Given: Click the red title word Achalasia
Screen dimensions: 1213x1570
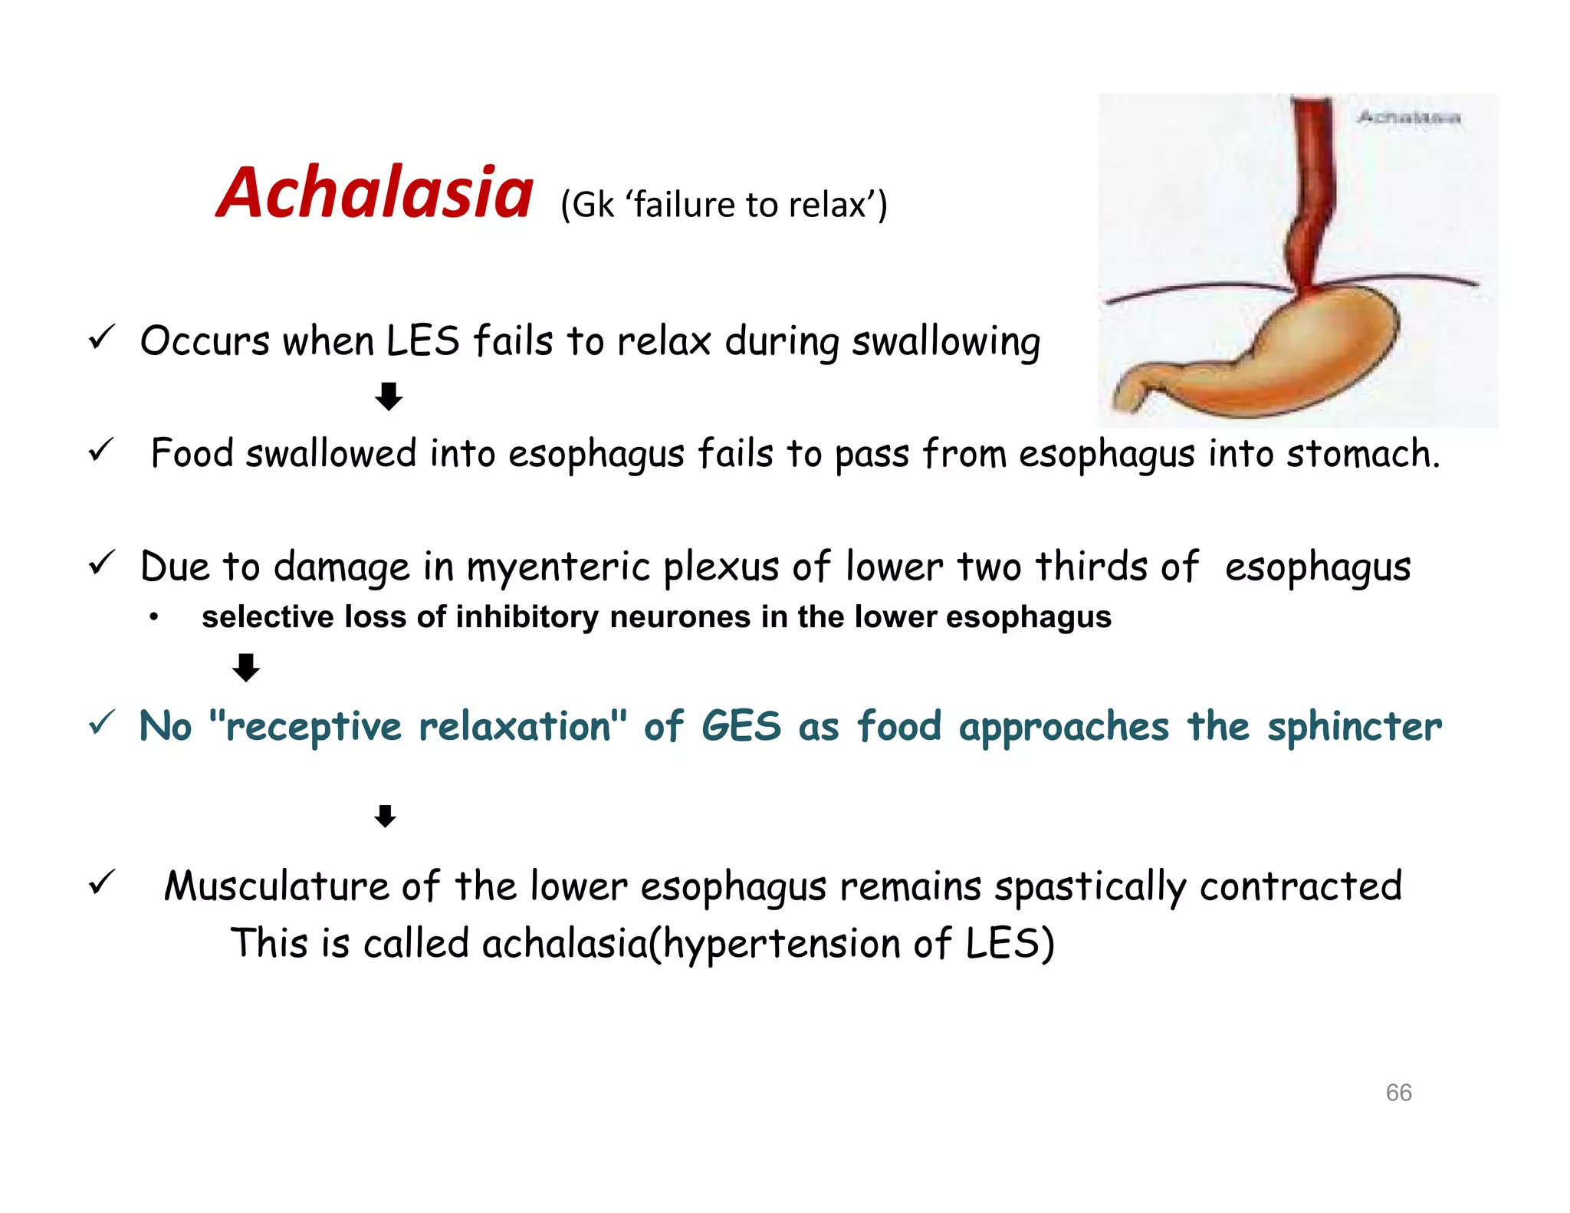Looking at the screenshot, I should tap(374, 193).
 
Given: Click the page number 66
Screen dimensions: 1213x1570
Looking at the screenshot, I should tap(1398, 1092).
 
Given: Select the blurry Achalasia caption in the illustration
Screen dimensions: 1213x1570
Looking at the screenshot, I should tap(1408, 117).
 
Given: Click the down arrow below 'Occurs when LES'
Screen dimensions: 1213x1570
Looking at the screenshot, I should tap(389, 396).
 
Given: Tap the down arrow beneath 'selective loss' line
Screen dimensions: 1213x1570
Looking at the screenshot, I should tap(246, 667).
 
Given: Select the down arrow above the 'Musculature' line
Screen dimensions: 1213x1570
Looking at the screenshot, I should tap(385, 816).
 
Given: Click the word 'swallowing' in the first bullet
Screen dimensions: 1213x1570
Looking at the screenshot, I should tap(946, 342).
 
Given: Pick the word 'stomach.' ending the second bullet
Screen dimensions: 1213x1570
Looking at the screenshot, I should tap(1363, 454).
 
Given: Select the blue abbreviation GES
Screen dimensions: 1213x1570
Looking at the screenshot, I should tap(741, 726).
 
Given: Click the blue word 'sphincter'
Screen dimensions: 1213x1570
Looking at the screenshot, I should tap(1354, 728).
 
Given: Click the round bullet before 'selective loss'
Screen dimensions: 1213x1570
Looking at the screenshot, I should tap(154, 617).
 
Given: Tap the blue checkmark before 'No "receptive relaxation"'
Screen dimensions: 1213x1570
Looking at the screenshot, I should tap(102, 723).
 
